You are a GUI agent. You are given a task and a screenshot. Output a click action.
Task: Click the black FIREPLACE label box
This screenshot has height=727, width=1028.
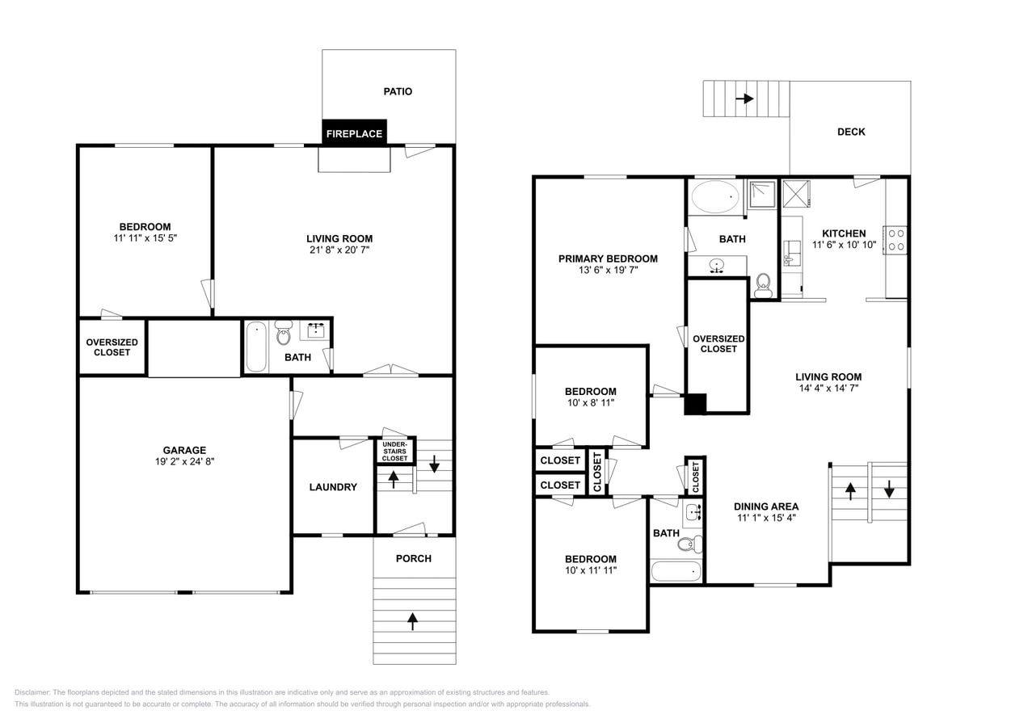(354, 133)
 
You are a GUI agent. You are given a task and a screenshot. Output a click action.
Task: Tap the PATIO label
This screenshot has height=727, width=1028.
(397, 91)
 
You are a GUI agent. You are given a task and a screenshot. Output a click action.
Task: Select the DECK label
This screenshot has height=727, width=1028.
(850, 132)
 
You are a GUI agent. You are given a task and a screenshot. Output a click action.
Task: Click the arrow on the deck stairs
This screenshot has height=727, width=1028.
(744, 99)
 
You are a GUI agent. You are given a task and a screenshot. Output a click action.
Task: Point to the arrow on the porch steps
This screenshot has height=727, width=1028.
(413, 620)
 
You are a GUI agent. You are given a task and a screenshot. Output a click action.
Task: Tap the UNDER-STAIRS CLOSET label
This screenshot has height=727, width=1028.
(395, 451)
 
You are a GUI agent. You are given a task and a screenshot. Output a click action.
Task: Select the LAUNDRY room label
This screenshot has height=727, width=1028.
(332, 487)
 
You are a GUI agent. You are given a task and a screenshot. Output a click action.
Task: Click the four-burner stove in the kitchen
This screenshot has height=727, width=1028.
(895, 241)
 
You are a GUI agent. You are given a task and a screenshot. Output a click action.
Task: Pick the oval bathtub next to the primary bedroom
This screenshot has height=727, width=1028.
(715, 196)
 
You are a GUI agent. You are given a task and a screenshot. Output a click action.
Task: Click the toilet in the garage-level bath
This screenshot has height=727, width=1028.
(283, 333)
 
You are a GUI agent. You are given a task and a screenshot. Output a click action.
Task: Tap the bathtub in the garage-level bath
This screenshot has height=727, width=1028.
(256, 347)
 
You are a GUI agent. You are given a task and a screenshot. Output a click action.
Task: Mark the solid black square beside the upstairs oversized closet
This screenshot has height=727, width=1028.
(695, 404)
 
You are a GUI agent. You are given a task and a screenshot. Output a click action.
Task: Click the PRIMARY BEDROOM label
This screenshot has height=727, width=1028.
(608, 259)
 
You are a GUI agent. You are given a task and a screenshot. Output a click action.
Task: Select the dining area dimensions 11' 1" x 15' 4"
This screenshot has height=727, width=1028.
(766, 519)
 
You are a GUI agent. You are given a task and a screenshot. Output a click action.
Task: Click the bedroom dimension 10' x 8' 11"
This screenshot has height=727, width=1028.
(590, 402)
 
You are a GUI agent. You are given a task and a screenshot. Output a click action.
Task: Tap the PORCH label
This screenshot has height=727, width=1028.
(413, 558)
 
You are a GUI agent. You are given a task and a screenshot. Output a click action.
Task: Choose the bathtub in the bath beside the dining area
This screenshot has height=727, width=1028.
(676, 571)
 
